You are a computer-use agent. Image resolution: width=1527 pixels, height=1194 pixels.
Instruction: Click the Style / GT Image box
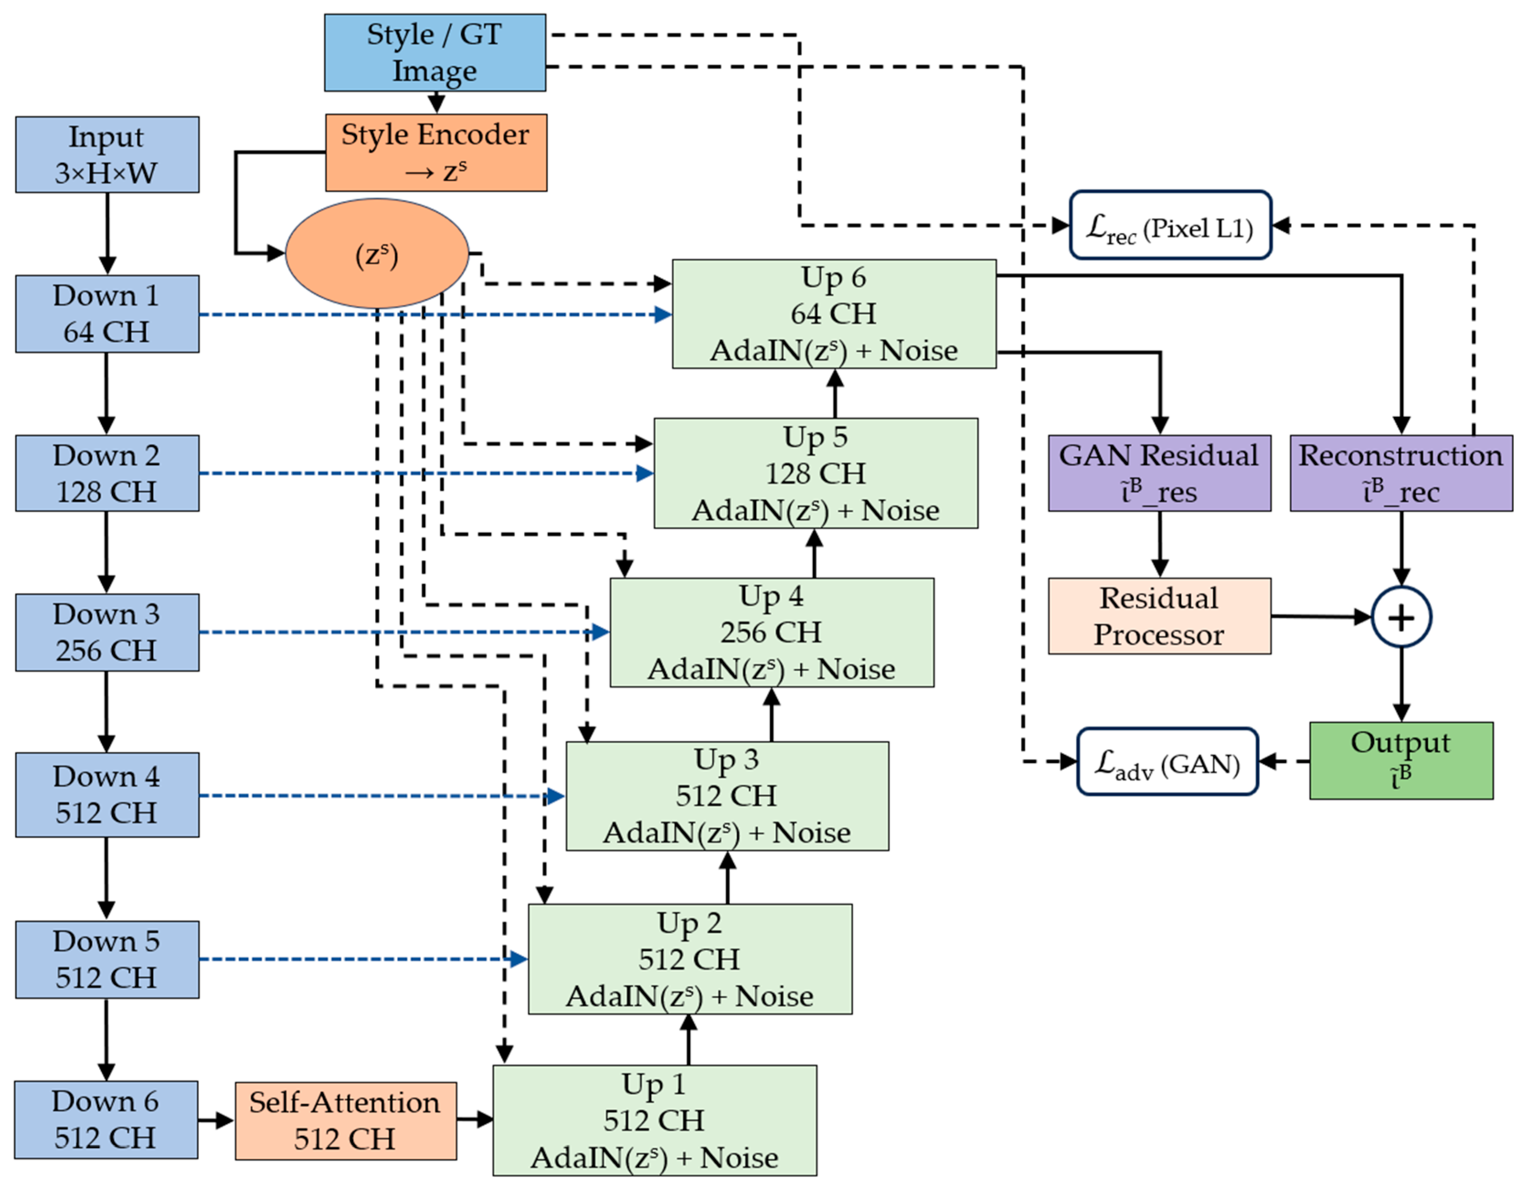pyautogui.click(x=435, y=53)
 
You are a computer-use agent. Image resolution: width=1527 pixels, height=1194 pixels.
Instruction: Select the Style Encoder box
pyautogui.click(x=436, y=153)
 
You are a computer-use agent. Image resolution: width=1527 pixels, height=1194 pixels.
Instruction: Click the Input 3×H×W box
pyautogui.click(x=107, y=154)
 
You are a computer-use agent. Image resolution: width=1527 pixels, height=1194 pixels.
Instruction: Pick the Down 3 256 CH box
pyautogui.click(x=107, y=632)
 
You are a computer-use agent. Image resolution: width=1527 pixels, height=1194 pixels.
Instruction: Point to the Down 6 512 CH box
pyautogui.click(x=106, y=1119)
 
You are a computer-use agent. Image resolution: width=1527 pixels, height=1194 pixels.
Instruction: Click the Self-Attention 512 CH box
pyautogui.click(x=345, y=1120)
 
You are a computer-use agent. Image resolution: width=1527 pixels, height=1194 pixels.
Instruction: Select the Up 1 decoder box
pyautogui.click(x=655, y=1120)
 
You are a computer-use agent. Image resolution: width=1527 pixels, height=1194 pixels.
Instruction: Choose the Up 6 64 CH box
pyautogui.click(x=834, y=314)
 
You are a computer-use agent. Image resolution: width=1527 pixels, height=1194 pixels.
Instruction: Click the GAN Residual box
pyautogui.click(x=1158, y=473)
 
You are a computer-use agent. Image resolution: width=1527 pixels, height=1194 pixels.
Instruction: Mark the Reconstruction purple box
pyautogui.click(x=1400, y=473)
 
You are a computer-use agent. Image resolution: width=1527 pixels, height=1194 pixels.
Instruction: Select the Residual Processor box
pyautogui.click(x=1158, y=616)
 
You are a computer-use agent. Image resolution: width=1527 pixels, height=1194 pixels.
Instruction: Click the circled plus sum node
pyautogui.click(x=1400, y=617)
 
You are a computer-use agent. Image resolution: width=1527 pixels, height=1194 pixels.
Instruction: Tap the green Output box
pyautogui.click(x=1400, y=761)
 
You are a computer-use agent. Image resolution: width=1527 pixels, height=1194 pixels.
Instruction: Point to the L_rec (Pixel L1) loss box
pyautogui.click(x=1170, y=225)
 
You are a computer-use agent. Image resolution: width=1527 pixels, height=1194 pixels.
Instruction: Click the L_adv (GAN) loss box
pyautogui.click(x=1167, y=761)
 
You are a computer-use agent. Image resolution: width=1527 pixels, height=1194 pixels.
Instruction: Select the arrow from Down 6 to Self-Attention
pyautogui.click(x=215, y=1120)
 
